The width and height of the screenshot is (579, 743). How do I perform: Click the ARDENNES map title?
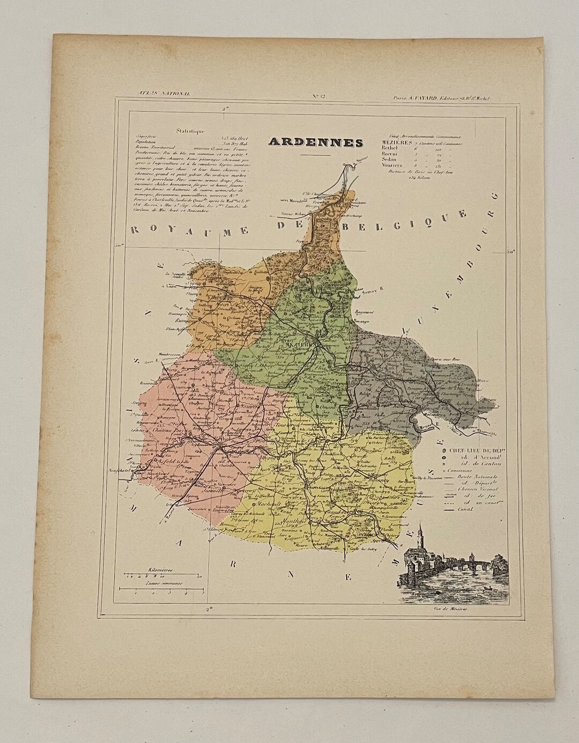click(x=316, y=142)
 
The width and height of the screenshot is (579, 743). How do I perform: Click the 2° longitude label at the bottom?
click(x=209, y=609)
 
